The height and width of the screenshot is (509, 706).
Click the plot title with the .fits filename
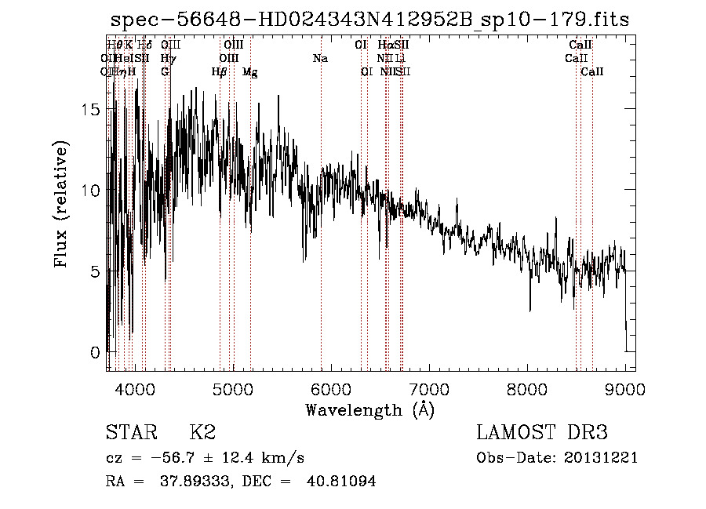point(370,20)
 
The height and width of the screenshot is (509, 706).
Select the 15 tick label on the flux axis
point(93,110)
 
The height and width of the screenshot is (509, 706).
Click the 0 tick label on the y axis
point(96,352)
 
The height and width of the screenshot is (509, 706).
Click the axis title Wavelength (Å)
point(369,409)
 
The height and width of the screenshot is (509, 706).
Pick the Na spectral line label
point(320,58)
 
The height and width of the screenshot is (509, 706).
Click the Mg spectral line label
point(250,72)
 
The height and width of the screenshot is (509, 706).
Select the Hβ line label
point(220,72)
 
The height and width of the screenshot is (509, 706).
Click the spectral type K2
point(202,433)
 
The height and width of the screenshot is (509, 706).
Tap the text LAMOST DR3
point(542,433)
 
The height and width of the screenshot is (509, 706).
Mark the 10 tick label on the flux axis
point(93,191)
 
